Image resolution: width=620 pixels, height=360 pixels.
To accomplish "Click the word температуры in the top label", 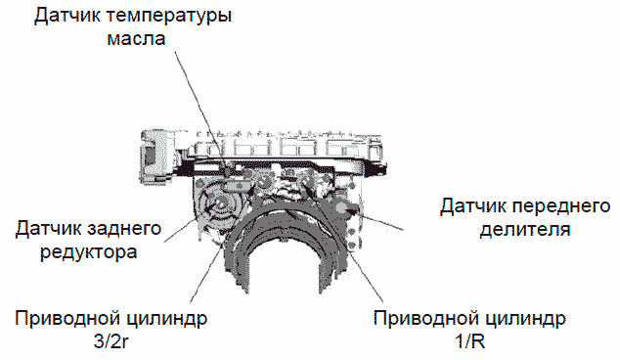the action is coord(168,17).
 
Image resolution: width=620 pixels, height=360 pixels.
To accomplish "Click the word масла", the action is coord(136,39).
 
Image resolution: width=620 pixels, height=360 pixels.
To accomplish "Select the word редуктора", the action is coord(89,252).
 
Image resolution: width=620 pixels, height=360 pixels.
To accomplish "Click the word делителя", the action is coord(525,230).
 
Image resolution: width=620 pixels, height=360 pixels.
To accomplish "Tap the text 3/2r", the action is coord(111,342).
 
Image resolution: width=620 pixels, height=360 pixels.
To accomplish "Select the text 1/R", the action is coord(470,341).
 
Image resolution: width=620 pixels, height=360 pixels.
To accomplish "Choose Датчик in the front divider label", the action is coord(473,206).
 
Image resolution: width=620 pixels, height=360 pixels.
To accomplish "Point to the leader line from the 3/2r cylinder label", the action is coord(206,273).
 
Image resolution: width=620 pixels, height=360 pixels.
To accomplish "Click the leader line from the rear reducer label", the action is coord(181,230).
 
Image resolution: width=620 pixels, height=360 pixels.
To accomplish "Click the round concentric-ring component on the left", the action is coord(219,202).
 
